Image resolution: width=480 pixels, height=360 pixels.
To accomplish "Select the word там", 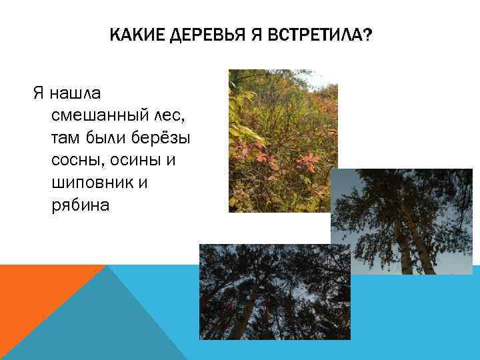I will [66, 138].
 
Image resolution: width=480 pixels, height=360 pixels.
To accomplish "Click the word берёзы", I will [166, 138].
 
